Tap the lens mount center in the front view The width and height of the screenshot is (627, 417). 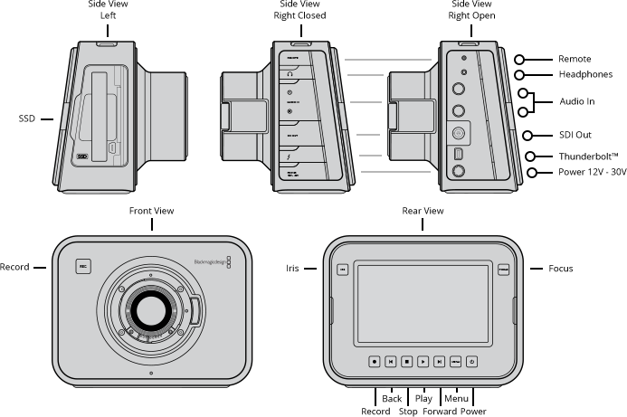coord(150,312)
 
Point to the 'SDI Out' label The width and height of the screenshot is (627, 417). coord(575,135)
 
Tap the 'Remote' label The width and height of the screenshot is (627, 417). coord(575,59)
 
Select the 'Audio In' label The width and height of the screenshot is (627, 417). coord(576,102)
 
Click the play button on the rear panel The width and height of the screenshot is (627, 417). coord(423,360)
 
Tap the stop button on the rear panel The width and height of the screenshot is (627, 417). coord(406,360)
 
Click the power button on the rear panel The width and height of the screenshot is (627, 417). coord(471,360)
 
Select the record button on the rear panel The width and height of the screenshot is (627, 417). coord(374,360)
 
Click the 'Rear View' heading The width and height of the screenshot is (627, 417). coord(423,211)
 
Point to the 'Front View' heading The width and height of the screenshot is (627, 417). coord(151,211)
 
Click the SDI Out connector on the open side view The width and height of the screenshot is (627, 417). coord(459,131)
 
